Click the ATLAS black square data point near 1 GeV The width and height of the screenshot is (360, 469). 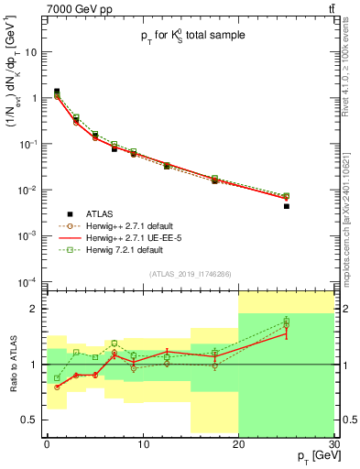57,92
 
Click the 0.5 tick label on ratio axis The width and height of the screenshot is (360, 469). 32,420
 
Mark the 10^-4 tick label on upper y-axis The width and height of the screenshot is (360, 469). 29,281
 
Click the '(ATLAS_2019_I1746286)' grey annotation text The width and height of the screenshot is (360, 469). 190,274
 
